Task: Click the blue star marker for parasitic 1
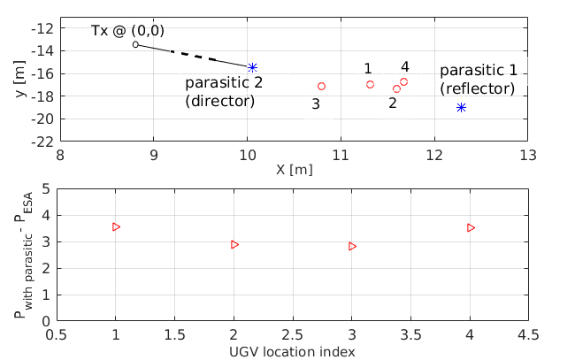461,107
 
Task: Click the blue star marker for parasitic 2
252,67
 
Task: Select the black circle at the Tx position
135,44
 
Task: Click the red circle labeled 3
321,86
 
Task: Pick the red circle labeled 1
370,84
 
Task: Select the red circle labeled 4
403,81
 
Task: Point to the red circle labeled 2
396,88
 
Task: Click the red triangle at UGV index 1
116,226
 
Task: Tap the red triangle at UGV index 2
234,244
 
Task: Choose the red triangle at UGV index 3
352,246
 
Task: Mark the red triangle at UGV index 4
471,227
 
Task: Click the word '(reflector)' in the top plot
478,88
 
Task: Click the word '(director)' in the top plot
219,102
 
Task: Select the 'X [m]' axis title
295,169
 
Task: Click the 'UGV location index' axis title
293,352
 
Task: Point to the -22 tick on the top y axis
42,142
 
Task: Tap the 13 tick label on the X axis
528,156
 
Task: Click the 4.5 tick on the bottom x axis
529,336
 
